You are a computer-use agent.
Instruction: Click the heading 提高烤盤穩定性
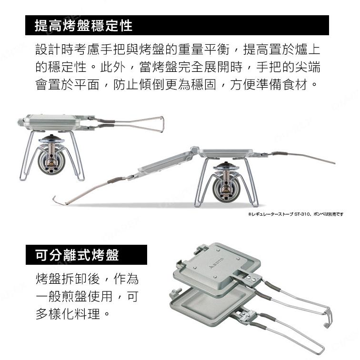84,26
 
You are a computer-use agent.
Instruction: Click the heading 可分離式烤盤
78,255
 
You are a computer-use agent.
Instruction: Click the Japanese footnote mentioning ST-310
295,214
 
